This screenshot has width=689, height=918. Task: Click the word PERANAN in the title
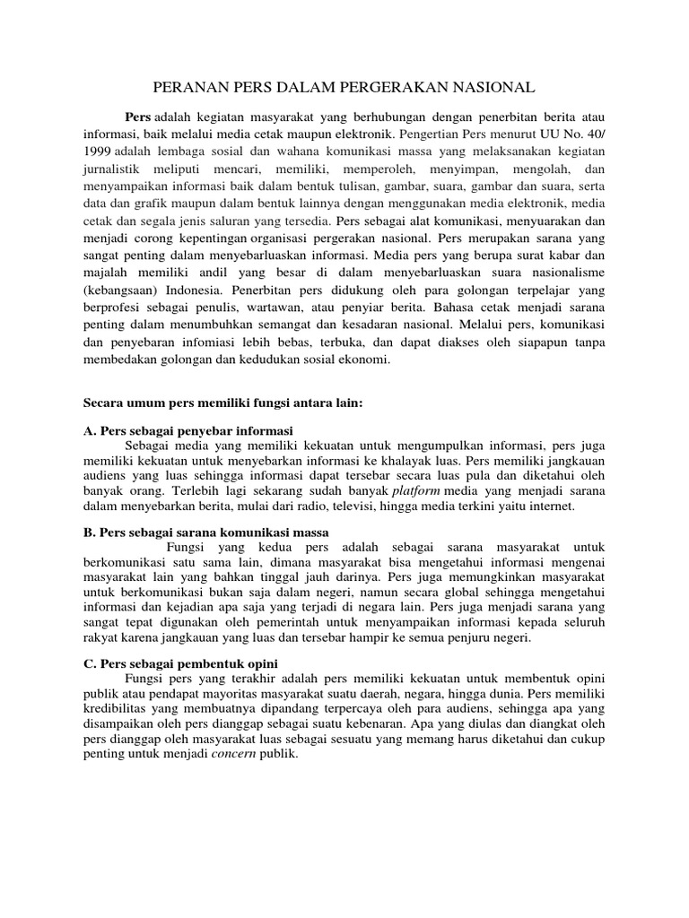[184, 87]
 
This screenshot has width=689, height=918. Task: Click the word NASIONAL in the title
[493, 87]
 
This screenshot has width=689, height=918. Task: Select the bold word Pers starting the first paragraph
[137, 117]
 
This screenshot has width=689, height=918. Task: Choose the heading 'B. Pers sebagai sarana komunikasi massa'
[206, 533]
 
